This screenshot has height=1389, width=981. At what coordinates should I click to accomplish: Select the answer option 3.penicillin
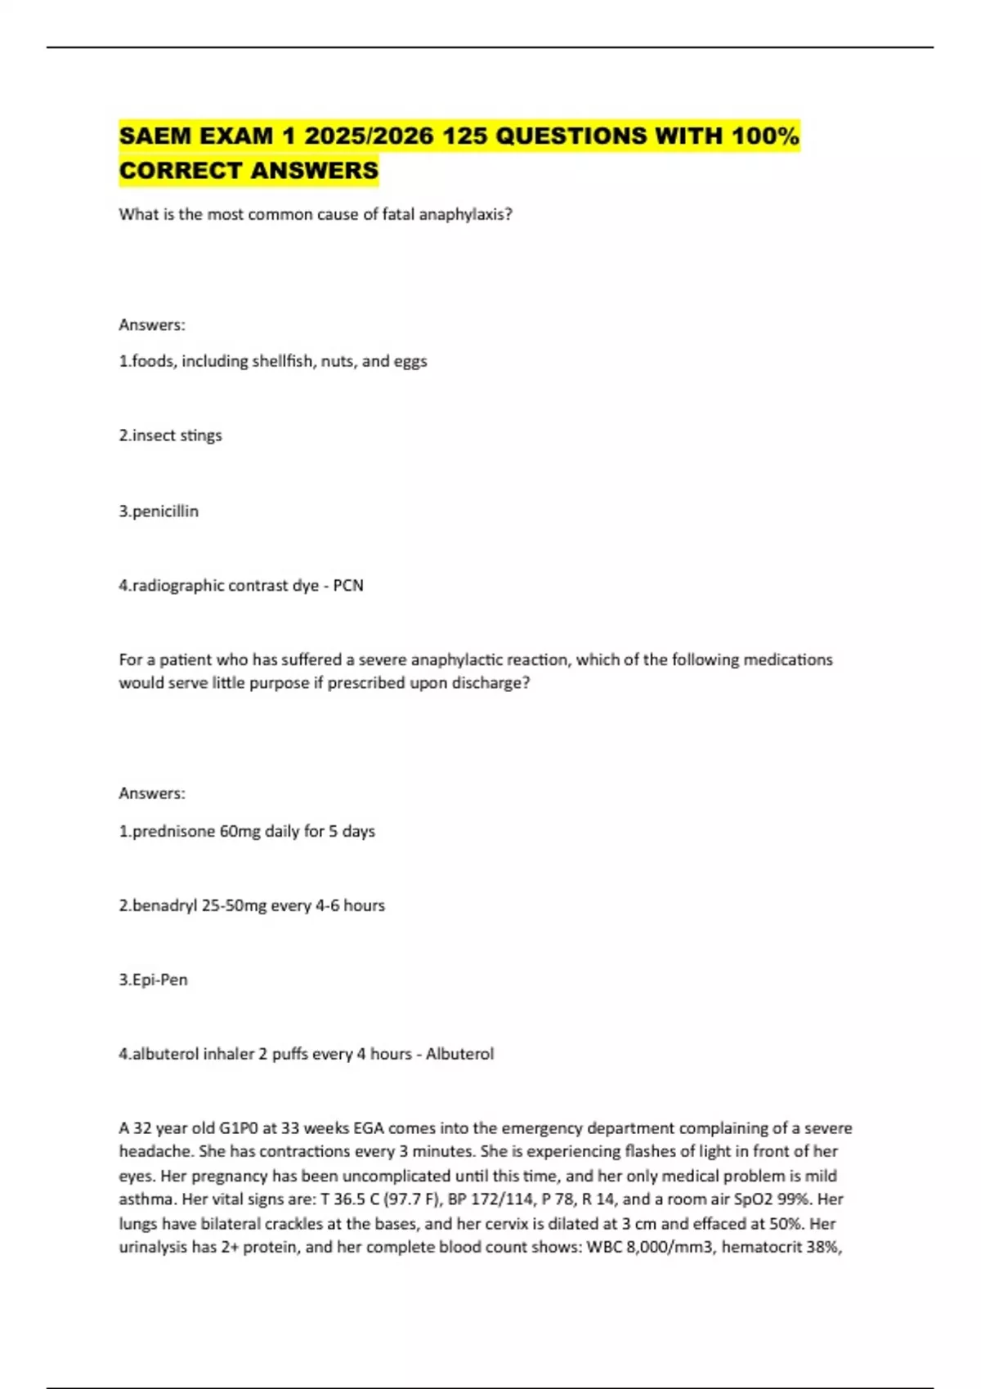159,511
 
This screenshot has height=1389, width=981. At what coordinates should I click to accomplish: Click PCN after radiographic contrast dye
348,586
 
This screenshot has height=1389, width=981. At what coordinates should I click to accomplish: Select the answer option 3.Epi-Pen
154,980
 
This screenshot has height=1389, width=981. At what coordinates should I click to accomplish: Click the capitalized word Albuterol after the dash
459,1054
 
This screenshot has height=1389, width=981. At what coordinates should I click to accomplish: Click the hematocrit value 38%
823,1248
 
